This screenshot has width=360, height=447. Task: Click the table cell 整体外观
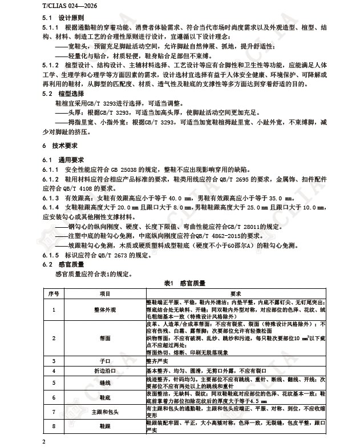[x=106, y=309]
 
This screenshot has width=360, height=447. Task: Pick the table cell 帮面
[x=106, y=339]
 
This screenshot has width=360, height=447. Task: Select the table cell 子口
[x=106, y=361]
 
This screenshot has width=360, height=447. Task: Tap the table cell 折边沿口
[x=106, y=371]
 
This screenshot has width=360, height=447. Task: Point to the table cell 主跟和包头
[x=106, y=412]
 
